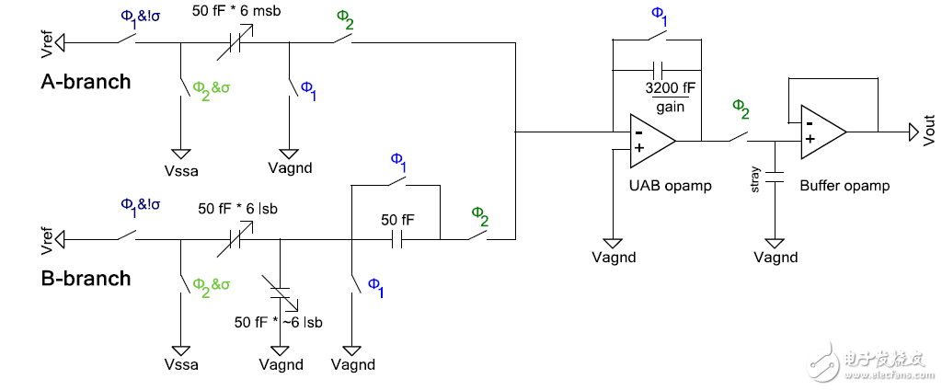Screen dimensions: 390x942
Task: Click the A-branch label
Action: (86, 81)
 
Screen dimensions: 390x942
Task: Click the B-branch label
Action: (86, 278)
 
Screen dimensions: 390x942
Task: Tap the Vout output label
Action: (928, 133)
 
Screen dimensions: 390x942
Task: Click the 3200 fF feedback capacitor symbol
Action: (657, 70)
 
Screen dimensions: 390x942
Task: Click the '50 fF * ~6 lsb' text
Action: (278, 322)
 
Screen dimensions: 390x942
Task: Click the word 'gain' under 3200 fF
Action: (669, 109)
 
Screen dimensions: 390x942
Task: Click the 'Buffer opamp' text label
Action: (844, 186)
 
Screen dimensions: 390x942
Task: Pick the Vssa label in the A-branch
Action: (182, 170)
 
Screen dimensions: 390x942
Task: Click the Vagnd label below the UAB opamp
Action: (614, 258)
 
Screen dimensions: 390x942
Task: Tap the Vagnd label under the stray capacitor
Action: (775, 258)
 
